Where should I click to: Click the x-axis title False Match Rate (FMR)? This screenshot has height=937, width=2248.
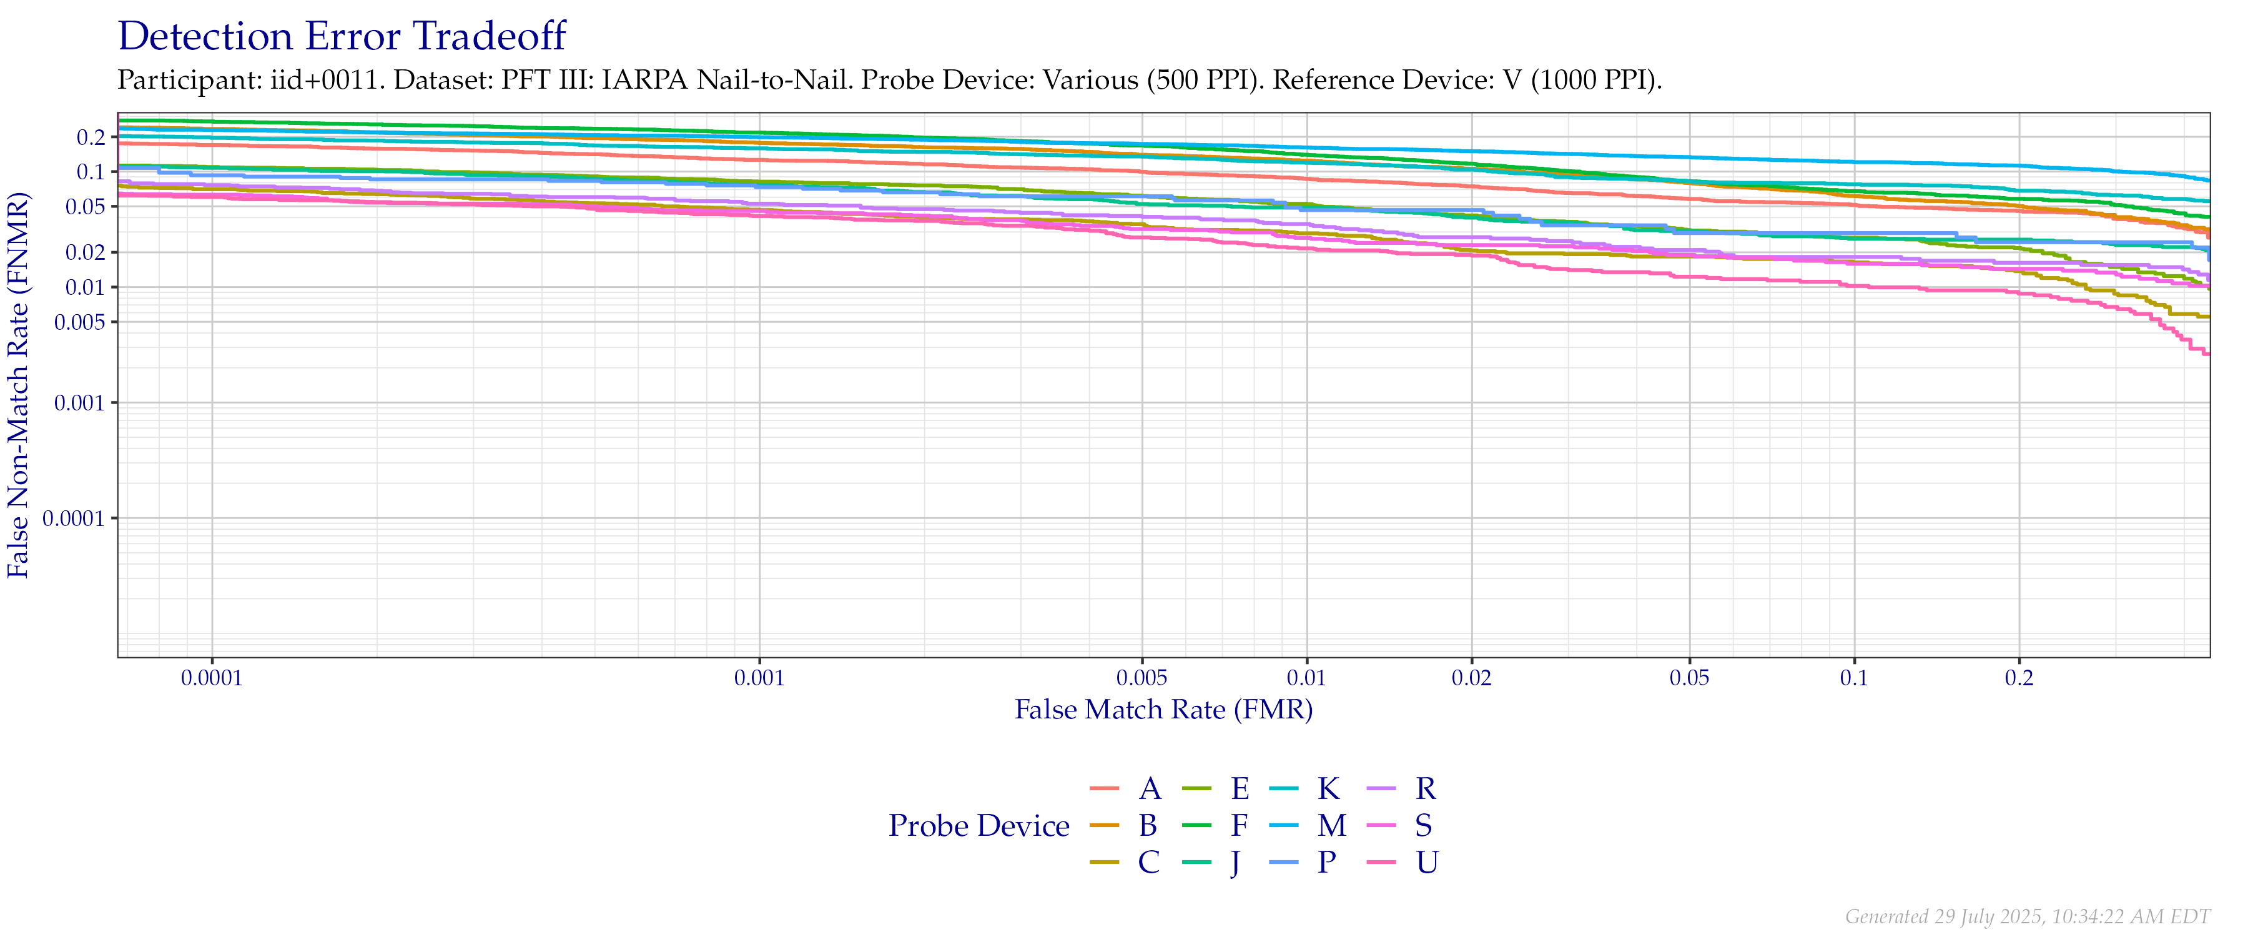click(x=1163, y=709)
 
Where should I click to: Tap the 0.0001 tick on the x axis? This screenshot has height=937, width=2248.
click(x=212, y=678)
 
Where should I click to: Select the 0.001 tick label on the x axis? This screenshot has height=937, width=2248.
click(x=759, y=678)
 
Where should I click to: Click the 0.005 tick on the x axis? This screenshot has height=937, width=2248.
click(x=1141, y=678)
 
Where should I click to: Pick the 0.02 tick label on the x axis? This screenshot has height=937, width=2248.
click(x=1471, y=678)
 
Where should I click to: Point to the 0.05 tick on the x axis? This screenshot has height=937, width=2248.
click(x=1690, y=678)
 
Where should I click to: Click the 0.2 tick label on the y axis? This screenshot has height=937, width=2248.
click(x=91, y=137)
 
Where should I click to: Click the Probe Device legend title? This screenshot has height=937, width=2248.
click(x=979, y=826)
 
